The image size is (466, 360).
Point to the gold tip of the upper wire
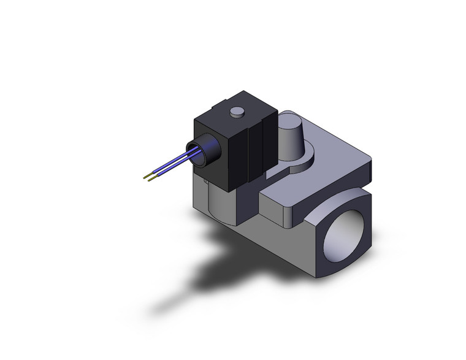pos(146,178)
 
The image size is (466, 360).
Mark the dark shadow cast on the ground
pos(202,276)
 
